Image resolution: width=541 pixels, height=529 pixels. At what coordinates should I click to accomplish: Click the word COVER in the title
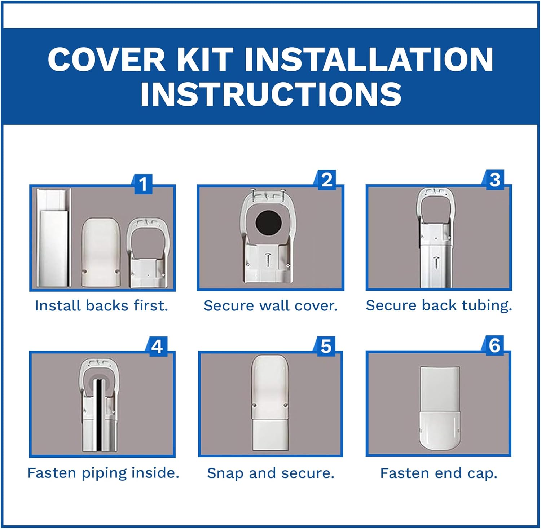pos(106,59)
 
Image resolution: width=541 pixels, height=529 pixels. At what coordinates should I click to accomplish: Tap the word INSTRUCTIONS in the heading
pos(270,94)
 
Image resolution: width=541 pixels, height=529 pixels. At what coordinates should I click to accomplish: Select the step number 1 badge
pos(143,184)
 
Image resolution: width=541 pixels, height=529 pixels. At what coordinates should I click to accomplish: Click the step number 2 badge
pos(327,180)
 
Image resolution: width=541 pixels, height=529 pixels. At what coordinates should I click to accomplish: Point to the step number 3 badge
pos(495,180)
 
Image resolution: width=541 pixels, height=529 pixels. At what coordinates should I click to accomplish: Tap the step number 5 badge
pos(326,347)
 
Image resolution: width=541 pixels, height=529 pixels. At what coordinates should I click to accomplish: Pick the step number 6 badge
pos(494,345)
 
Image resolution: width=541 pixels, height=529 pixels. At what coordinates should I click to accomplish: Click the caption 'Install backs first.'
pos(102,306)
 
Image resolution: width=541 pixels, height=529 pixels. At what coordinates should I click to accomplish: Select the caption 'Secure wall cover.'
pos(270,306)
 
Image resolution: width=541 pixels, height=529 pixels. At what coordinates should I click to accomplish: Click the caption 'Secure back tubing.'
pos(439,305)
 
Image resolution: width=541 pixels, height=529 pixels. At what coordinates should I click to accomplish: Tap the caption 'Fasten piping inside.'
pos(104,473)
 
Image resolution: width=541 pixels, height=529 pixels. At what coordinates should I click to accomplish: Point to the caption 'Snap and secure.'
pos(270,473)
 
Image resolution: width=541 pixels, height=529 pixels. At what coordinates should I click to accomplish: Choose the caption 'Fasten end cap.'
pos(439,473)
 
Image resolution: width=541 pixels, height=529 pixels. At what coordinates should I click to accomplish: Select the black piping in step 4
pos(98,415)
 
